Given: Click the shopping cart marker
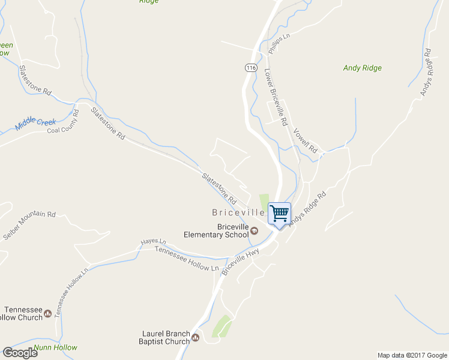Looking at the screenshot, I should [279, 214].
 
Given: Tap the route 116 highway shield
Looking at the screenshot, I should [251, 67].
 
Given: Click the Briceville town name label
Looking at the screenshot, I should [238, 212].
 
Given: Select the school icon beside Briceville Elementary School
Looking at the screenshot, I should [254, 231].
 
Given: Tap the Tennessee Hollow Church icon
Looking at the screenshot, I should [47, 313].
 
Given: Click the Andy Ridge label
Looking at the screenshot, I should [362, 68].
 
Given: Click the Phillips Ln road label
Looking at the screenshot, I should [279, 44].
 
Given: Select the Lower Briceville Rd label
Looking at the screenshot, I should [276, 97].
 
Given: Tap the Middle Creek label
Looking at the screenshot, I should [35, 123].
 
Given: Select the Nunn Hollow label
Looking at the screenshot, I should [55, 348].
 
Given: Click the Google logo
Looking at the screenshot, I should [20, 353].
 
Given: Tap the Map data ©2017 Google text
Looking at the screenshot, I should [412, 355].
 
